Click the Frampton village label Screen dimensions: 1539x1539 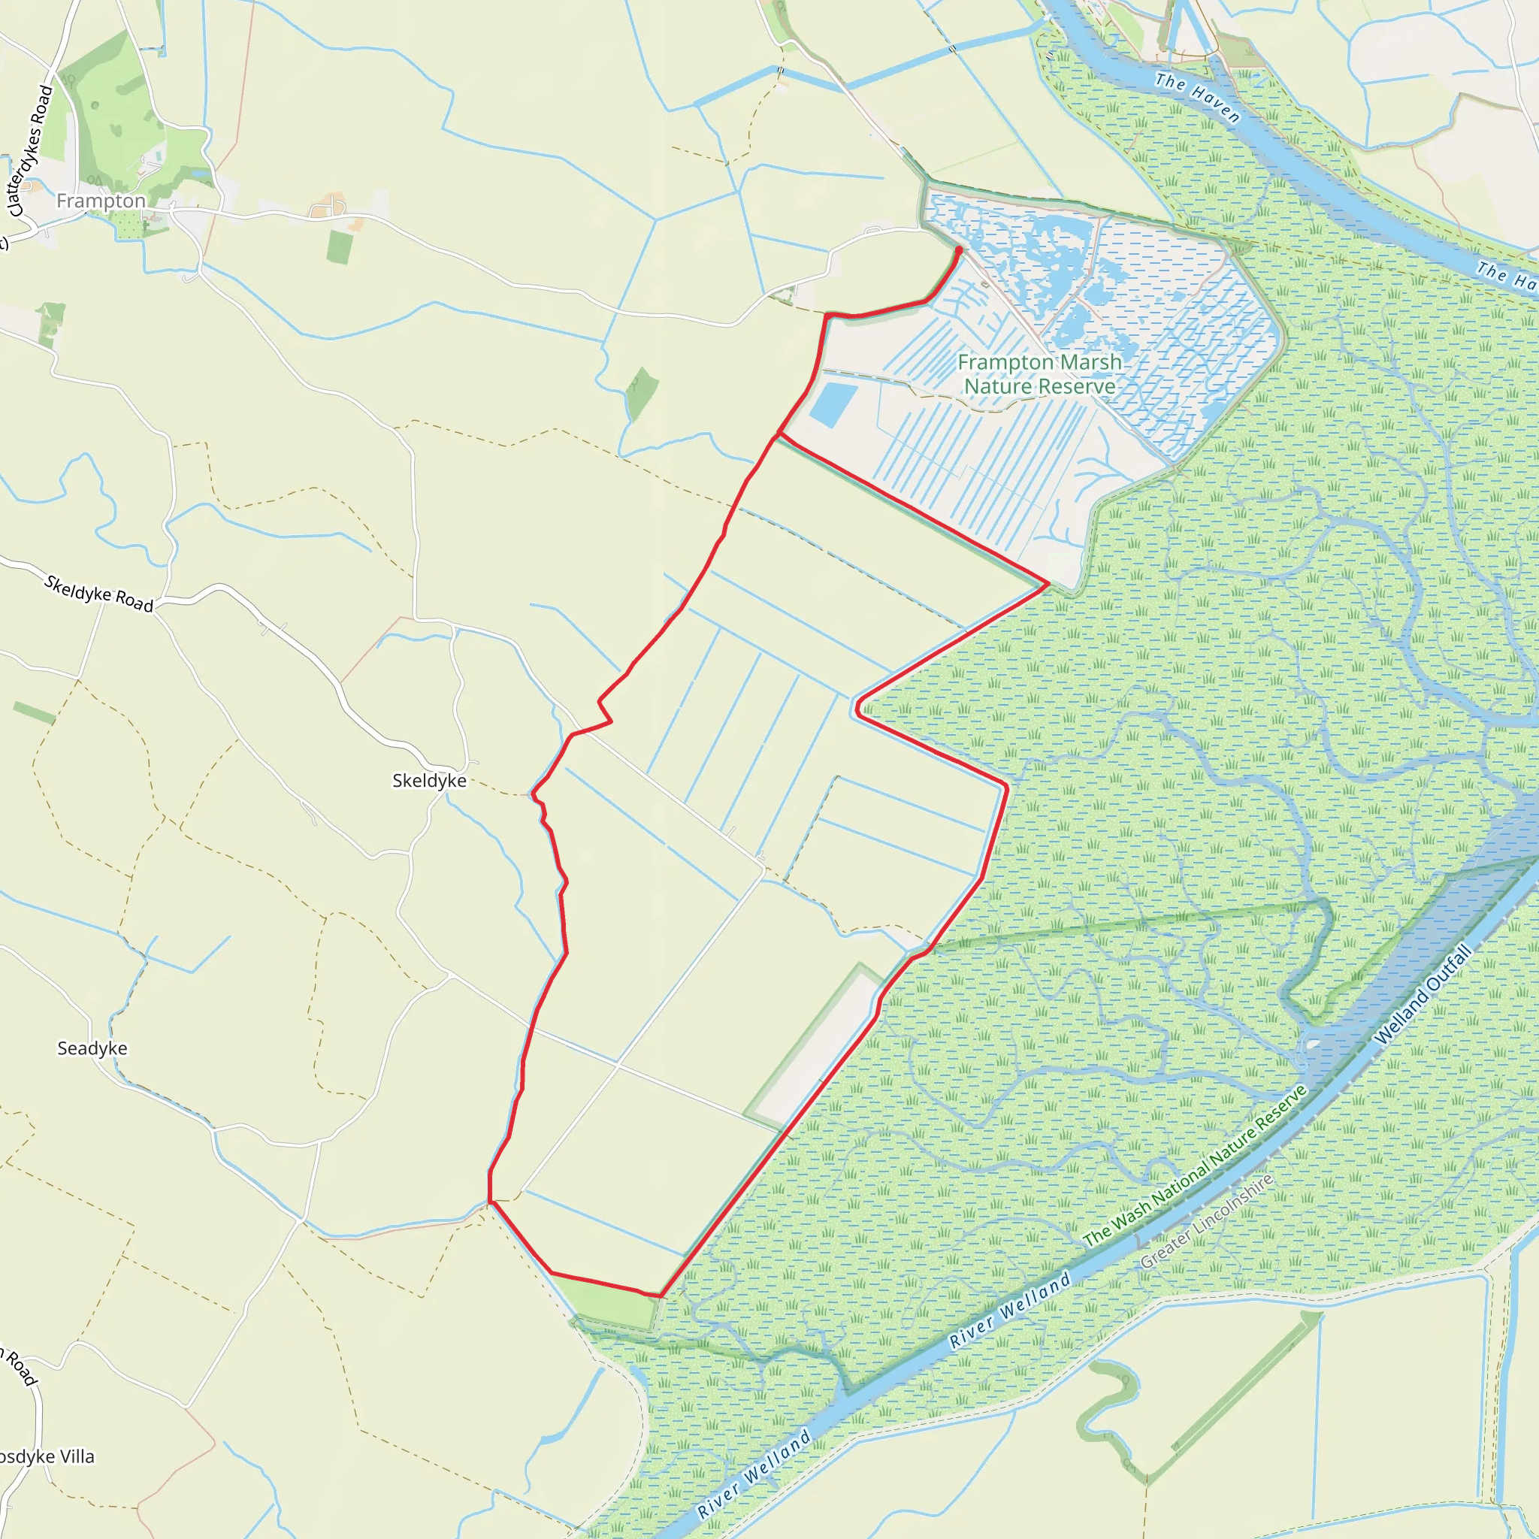pyautogui.click(x=101, y=201)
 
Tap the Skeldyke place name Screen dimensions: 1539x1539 pyautogui.click(x=429, y=781)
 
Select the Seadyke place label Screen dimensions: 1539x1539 pyautogui.click(x=92, y=1048)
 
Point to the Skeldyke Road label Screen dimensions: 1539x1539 pyautogui.click(x=98, y=594)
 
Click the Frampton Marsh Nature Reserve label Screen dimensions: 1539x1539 pyautogui.click(x=1039, y=373)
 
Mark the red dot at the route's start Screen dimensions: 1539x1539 pyautogui.click(x=958, y=251)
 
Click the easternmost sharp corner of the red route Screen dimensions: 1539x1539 pyautogui.click(x=1048, y=584)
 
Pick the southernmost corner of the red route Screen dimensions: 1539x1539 pyautogui.click(x=661, y=1296)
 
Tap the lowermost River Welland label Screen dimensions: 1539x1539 pyautogui.click(x=754, y=1474)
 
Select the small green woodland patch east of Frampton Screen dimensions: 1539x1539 pyautogui.click(x=340, y=248)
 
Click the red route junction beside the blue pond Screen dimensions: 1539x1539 pyautogui.click(x=779, y=435)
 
